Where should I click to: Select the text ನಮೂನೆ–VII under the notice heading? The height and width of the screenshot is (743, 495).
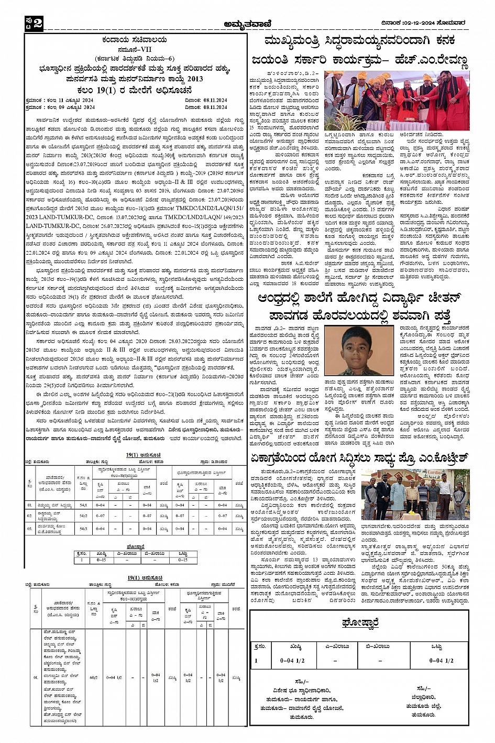point(135,49)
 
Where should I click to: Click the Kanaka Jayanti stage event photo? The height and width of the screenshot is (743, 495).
point(397,101)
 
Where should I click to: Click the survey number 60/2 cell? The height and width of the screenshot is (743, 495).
point(93,678)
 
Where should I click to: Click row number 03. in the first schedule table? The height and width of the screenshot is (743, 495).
point(30,529)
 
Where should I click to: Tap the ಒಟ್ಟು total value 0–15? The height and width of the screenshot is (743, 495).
point(182,560)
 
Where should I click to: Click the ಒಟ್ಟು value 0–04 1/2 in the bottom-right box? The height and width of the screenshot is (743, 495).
point(442,660)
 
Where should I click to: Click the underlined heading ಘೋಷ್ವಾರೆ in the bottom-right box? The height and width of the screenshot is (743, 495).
point(359,622)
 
